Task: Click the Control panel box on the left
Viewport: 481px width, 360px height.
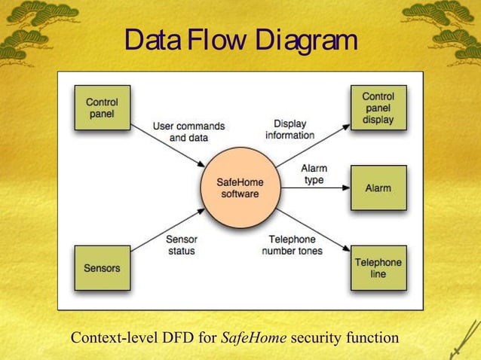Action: coord(102,108)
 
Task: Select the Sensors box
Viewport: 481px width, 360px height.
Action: coord(102,267)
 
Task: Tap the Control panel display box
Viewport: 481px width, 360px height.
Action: coord(378,108)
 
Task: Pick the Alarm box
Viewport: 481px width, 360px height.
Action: coord(378,188)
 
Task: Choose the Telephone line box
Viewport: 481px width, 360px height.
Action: coord(378,267)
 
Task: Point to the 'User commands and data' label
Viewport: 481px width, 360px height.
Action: coord(188,133)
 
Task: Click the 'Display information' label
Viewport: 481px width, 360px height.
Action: coord(290,129)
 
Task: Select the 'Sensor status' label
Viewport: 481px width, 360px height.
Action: coord(182,245)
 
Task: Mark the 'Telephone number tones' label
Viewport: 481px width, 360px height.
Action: coord(292,245)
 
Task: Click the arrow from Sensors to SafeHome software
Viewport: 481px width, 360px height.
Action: coord(167,229)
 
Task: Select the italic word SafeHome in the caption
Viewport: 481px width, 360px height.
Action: coord(253,338)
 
